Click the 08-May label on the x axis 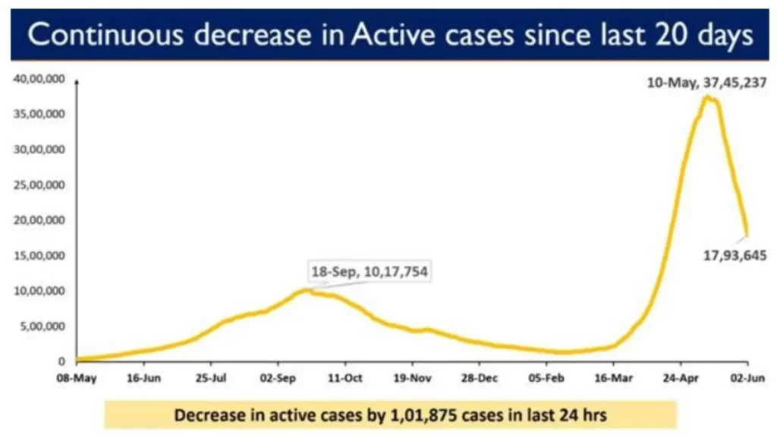tap(76, 376)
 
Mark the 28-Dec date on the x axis tap(480, 376)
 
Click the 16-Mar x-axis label tap(614, 376)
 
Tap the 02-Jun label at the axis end tap(746, 376)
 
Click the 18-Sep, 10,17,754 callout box tap(370, 271)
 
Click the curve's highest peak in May tap(706, 97)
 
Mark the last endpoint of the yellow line tap(747, 234)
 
